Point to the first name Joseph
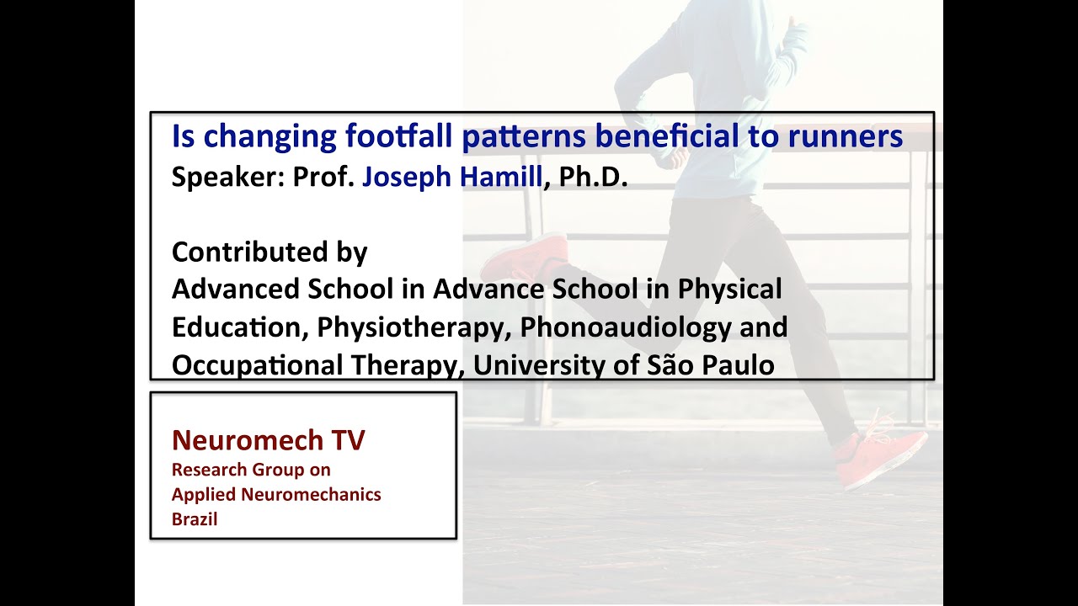point(406,178)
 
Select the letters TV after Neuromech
point(348,439)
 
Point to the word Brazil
point(195,519)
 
